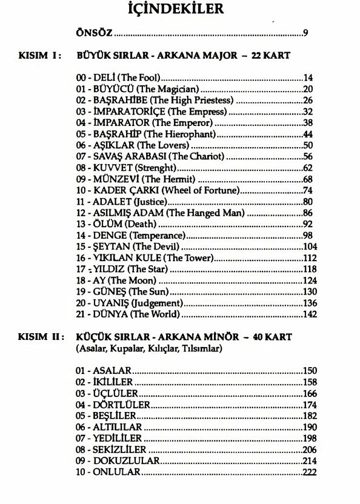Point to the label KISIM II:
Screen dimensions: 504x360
42,337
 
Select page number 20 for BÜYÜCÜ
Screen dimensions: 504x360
309,89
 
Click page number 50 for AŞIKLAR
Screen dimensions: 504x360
309,146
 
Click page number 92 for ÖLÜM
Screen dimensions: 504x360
309,224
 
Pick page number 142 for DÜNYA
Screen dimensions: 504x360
310,314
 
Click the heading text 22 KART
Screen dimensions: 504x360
271,56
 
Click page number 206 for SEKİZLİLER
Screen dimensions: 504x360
310,449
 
